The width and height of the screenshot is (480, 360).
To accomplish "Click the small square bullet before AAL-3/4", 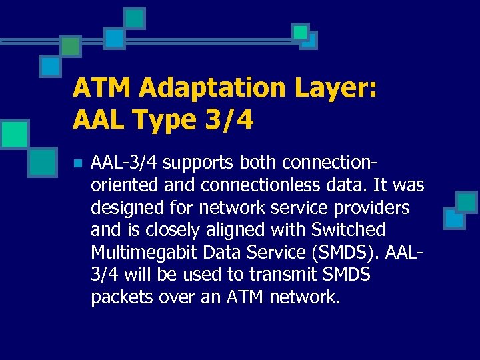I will pyautogui.click(x=77, y=163).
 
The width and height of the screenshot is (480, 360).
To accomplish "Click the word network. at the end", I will pyautogui.click(x=305, y=297).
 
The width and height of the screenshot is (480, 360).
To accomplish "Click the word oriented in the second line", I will pyautogui.click(x=123, y=185).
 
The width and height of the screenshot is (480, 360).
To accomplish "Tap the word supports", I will pyautogui.click(x=199, y=163).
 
